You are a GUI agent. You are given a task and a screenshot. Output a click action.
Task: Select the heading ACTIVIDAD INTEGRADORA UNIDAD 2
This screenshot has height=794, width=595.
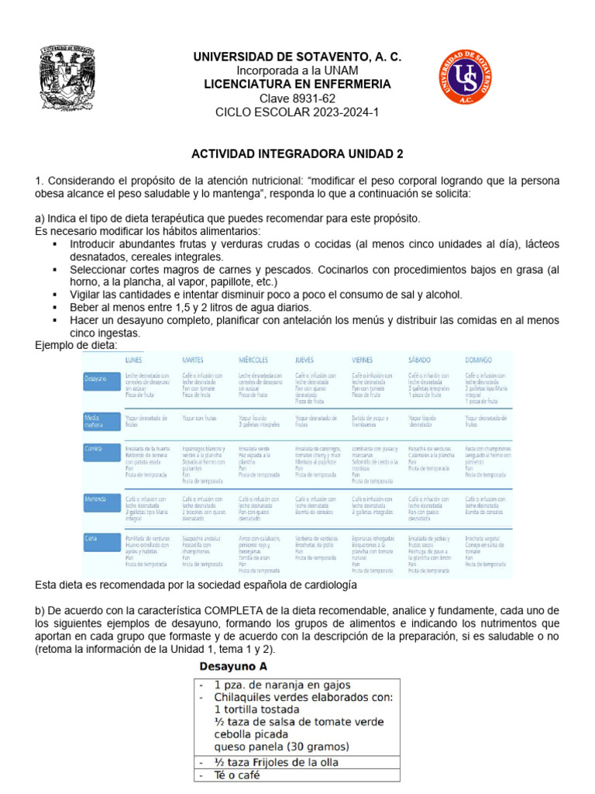(297, 154)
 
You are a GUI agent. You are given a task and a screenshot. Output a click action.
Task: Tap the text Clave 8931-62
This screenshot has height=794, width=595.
(297, 98)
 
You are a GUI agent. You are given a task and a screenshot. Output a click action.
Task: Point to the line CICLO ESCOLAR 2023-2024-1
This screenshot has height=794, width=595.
(297, 112)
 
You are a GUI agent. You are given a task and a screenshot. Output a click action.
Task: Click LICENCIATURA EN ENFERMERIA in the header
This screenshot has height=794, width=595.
(297, 84)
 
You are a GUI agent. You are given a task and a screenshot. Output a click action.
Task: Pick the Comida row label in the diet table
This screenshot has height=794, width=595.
(97, 450)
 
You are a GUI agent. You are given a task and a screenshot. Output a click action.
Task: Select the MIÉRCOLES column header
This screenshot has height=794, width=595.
(255, 360)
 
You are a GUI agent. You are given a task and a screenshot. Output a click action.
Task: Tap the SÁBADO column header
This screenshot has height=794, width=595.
(422, 360)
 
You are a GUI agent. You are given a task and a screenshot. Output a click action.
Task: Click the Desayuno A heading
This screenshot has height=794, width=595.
(234, 666)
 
